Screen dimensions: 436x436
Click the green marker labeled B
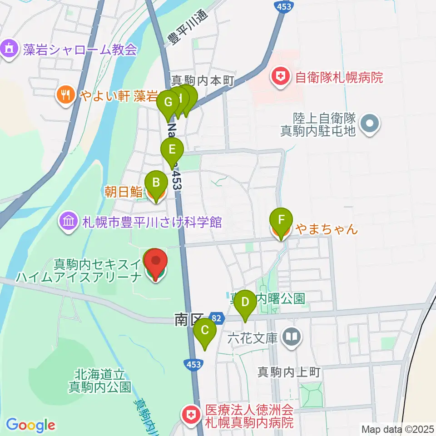pyautogui.click(x=156, y=183)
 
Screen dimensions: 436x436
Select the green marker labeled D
pyautogui.click(x=245, y=302)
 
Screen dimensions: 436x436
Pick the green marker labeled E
pyautogui.click(x=172, y=150)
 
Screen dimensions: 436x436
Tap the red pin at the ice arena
pyautogui.click(x=156, y=262)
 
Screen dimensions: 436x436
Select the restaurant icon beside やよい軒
pyautogui.click(x=66, y=94)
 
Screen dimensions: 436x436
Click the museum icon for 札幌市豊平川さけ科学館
pyautogui.click(x=69, y=222)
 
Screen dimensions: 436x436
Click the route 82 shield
pyautogui.click(x=217, y=319)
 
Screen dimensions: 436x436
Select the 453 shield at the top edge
pyautogui.click(x=285, y=5)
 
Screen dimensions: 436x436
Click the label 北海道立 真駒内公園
pyautogui.click(x=100, y=381)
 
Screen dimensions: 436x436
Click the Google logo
pyautogui.click(x=30, y=425)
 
